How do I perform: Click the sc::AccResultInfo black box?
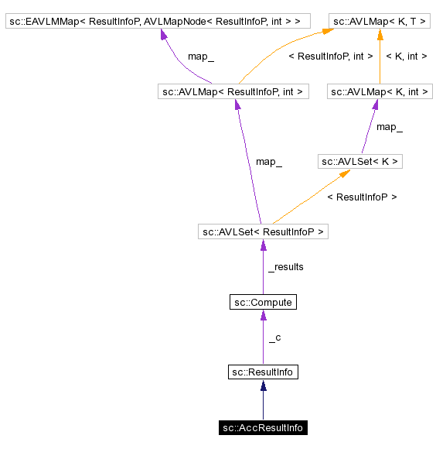pos(263,427)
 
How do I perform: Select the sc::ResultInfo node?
pos(263,372)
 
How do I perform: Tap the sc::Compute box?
pos(263,302)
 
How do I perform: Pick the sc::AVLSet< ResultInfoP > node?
pos(263,231)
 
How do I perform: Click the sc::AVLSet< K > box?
pos(360,162)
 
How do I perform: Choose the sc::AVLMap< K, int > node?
pos(380,92)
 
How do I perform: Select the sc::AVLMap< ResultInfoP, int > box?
pos(233,92)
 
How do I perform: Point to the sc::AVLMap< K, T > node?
pos(380,22)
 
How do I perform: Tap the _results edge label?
pos(285,267)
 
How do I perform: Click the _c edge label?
pos(274,338)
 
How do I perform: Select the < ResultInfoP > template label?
pos(362,197)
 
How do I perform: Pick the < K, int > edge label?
pos(407,57)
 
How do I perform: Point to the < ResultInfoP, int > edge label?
pos(330,57)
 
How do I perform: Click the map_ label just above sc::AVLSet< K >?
pos(389,127)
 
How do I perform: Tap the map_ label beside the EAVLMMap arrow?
pos(201,57)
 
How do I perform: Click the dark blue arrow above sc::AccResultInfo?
pos(263,399)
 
